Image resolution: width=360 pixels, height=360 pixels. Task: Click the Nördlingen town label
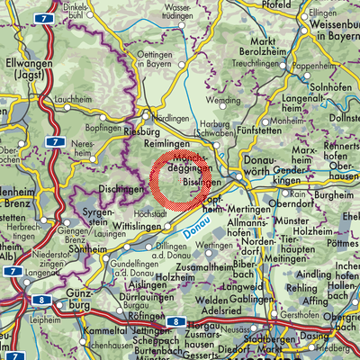172,118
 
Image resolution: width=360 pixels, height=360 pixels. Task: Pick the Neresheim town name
85,148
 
